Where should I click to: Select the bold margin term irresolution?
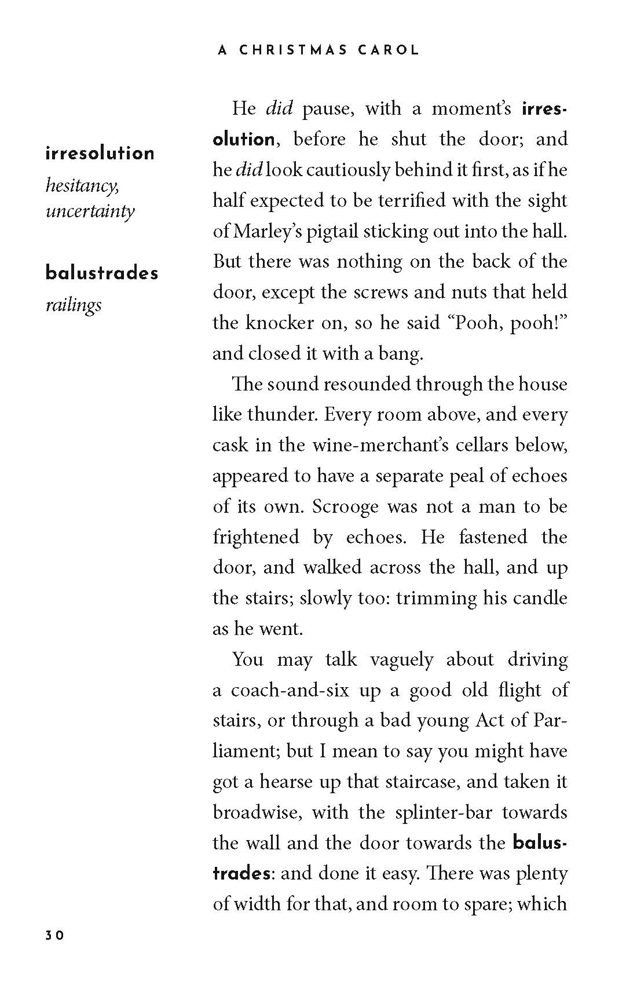coord(100,154)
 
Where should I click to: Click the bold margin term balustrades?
coord(102,273)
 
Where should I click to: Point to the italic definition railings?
coord(74,305)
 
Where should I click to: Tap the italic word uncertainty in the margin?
coord(90,210)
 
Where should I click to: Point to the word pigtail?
coord(332,231)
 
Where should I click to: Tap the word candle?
coord(539,597)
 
